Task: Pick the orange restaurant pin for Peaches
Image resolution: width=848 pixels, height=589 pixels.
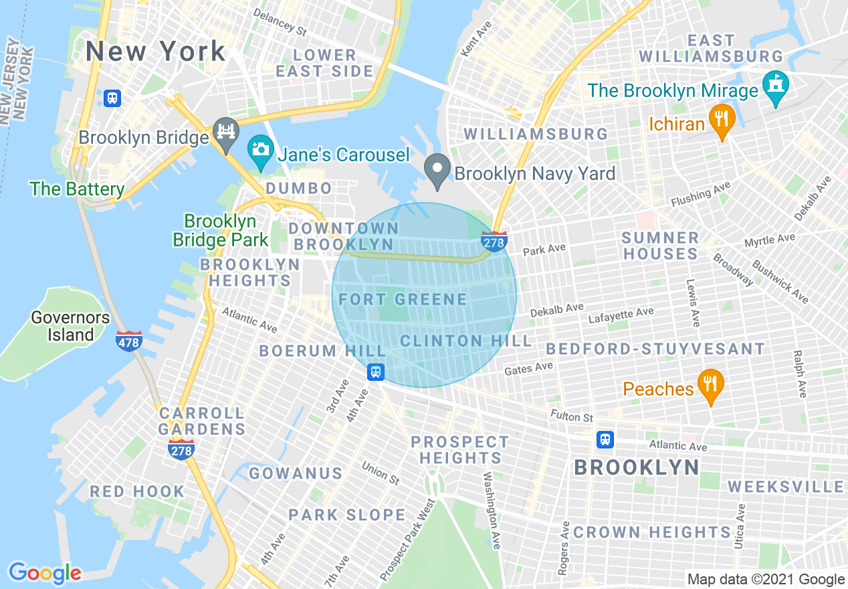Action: (710, 385)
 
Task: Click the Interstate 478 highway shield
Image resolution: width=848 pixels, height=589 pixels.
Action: (128, 341)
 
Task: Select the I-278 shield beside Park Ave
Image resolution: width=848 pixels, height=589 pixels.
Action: (494, 242)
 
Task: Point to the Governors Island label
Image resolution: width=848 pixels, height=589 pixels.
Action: (70, 326)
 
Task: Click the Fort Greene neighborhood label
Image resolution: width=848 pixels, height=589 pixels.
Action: (403, 299)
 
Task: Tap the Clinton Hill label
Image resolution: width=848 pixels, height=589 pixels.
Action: (465, 341)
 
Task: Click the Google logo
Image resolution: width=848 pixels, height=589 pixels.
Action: (45, 573)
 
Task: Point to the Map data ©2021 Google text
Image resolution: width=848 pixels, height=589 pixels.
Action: (766, 580)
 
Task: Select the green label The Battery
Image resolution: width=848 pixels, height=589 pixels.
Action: (77, 189)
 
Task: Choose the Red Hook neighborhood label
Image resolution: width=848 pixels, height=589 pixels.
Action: (137, 491)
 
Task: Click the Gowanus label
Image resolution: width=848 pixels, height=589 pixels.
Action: (296, 473)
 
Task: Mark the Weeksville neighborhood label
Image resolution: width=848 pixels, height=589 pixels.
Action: (786, 487)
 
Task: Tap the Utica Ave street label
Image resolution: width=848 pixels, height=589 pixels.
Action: (740, 527)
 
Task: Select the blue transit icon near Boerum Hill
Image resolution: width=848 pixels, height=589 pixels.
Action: (376, 371)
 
